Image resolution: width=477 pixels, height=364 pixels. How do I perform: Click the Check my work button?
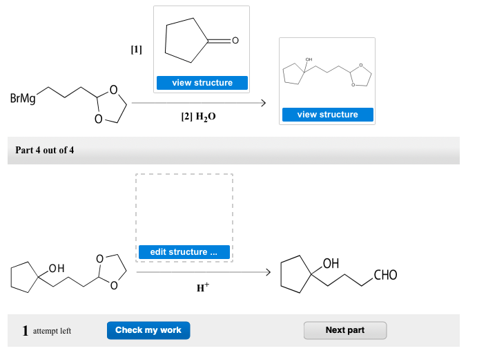[148, 330]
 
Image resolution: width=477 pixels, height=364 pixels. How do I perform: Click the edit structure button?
[184, 252]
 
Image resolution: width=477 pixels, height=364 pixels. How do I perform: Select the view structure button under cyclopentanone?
[202, 83]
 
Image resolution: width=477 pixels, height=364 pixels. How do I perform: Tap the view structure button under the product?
[327, 115]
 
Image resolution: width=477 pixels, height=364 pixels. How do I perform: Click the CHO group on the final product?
[384, 276]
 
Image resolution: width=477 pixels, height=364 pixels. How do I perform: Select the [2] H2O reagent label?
[198, 117]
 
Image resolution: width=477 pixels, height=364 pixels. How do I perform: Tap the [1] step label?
[136, 50]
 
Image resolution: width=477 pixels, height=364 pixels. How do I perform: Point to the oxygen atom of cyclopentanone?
[235, 41]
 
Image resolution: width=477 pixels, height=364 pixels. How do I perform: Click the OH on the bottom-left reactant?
[56, 268]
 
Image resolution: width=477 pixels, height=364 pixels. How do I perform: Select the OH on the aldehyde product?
[331, 262]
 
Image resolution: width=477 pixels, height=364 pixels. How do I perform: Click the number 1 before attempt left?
[25, 331]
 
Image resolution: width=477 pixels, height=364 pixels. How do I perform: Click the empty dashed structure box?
[184, 207]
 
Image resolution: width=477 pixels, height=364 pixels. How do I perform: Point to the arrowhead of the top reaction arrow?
[262, 103]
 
